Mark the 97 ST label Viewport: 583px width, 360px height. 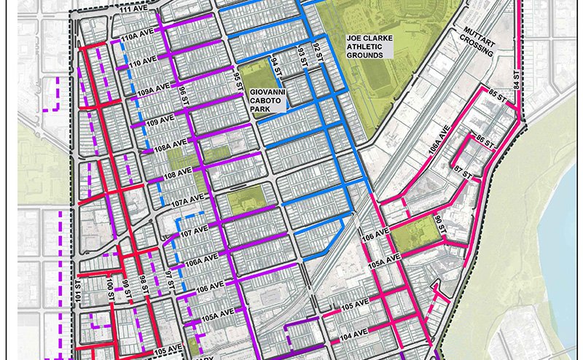[x=169, y=280]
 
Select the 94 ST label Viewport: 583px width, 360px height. [x=275, y=66]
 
